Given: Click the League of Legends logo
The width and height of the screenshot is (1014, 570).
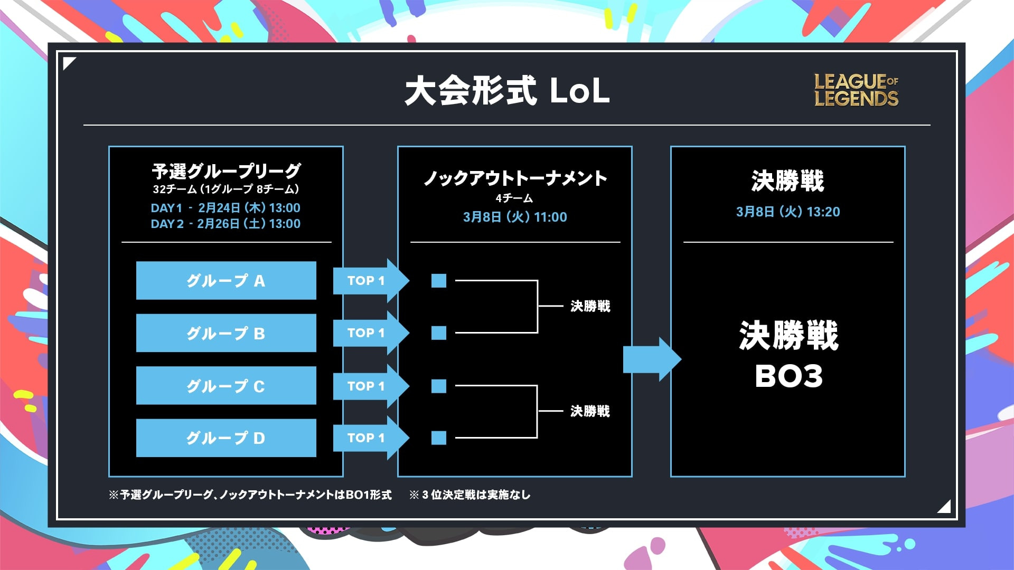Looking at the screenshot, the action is (x=856, y=90).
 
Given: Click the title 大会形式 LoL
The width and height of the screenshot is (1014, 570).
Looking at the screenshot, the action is (x=508, y=91).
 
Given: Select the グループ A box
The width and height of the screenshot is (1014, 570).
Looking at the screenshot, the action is (x=226, y=280).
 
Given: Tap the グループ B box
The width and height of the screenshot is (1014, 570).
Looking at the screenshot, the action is (x=226, y=333).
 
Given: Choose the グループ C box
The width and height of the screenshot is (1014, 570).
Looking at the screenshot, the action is (x=226, y=386).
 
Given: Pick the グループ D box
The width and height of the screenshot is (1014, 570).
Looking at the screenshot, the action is (x=226, y=438).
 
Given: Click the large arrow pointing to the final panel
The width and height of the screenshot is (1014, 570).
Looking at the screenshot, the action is (x=652, y=359).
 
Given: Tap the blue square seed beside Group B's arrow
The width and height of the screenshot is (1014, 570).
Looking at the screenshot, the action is (x=439, y=333).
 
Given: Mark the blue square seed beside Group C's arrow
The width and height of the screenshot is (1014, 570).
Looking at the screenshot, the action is (x=439, y=386).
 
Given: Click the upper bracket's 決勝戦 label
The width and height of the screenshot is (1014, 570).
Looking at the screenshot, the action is (x=590, y=306).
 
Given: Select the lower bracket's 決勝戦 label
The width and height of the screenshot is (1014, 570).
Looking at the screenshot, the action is (x=590, y=411).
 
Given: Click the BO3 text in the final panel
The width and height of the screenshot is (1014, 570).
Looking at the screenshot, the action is (x=789, y=376).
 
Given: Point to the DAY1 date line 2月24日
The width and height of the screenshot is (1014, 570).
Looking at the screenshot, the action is (x=226, y=208).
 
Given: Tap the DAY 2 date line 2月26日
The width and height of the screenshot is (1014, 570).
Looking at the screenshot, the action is (x=226, y=224).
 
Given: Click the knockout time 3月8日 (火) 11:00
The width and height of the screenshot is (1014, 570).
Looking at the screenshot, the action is (x=515, y=217).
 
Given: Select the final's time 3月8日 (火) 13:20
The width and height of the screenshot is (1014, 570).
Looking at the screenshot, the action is (x=788, y=212).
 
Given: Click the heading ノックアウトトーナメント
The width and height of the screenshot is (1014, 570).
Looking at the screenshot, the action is (x=515, y=178).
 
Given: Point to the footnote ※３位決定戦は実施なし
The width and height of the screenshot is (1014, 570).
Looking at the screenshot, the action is (x=470, y=495).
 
